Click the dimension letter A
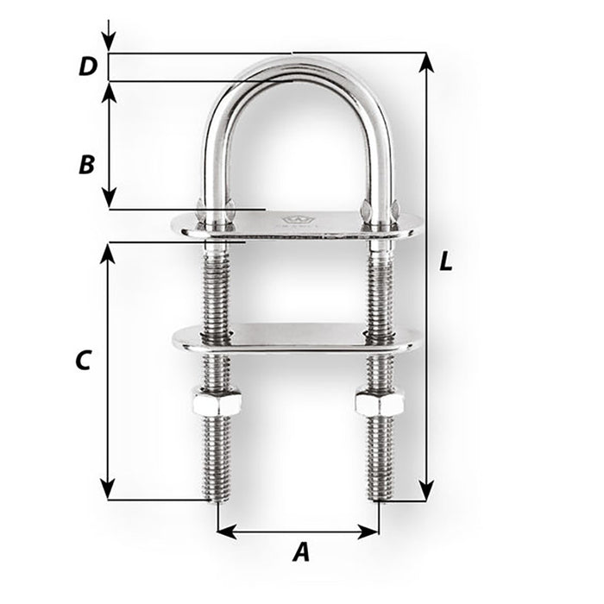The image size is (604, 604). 299,552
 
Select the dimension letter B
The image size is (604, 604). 86,164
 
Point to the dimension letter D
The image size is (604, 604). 86,66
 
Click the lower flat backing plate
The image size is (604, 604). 298,337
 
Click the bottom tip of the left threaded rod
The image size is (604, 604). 217,499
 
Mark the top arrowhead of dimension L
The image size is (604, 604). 425,60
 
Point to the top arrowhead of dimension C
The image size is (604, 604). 108,250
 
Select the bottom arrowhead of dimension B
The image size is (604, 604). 108,200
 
